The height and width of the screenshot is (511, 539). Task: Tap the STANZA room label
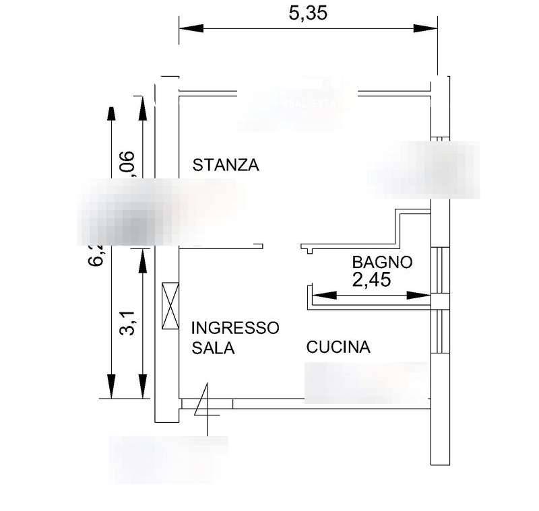pyautogui.click(x=226, y=165)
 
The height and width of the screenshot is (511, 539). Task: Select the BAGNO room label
pyautogui.click(x=382, y=262)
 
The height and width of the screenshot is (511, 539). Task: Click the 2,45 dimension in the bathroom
pyautogui.click(x=371, y=279)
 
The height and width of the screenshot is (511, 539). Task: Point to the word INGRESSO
pyautogui.click(x=234, y=328)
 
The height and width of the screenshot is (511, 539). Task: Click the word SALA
pyautogui.click(x=212, y=348)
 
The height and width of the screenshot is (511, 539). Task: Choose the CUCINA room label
pyautogui.click(x=338, y=347)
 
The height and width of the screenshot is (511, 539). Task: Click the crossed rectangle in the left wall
pyautogui.click(x=170, y=305)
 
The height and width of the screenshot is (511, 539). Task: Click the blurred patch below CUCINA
pyautogui.click(x=366, y=382)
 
